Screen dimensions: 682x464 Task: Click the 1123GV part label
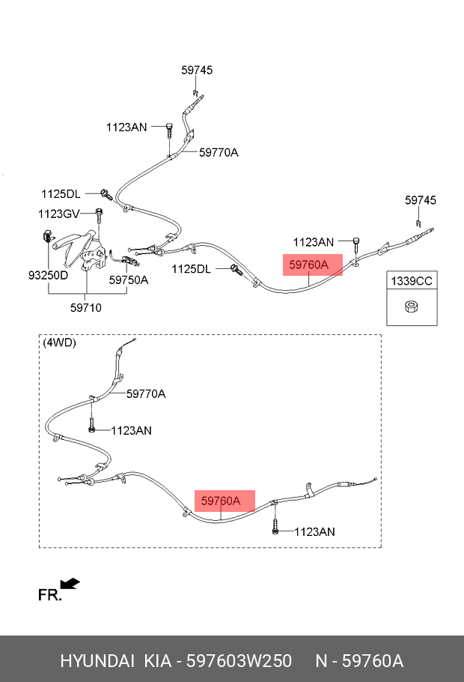(58, 214)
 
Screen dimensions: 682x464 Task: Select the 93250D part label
(48, 275)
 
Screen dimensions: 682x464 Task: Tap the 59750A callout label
(129, 280)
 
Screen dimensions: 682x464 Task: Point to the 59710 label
(86, 307)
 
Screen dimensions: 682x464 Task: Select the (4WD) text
(60, 342)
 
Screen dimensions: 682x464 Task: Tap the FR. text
(49, 595)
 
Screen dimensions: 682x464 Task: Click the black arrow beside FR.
(70, 583)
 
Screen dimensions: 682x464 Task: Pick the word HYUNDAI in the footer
(94, 661)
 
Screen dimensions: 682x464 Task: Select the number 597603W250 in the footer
(239, 661)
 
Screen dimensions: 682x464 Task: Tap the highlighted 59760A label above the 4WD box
(308, 265)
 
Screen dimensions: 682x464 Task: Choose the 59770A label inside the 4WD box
(146, 393)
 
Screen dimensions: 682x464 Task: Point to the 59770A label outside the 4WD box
(219, 152)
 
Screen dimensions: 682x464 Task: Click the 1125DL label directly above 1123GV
(61, 194)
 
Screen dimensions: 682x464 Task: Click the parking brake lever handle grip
(75, 240)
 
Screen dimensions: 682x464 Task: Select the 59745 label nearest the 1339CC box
(421, 200)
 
